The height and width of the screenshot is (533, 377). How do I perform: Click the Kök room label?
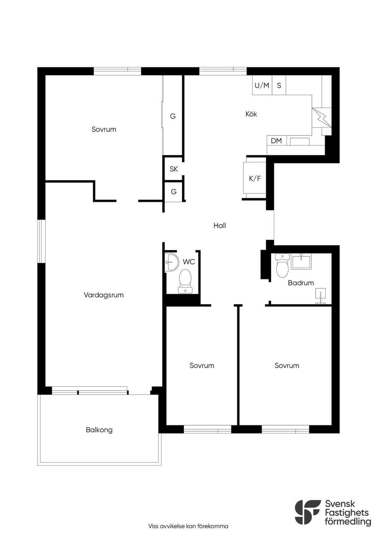251,114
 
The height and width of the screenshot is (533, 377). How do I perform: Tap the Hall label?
220,225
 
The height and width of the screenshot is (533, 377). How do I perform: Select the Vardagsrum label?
104,295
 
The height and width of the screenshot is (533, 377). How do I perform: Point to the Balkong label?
99,430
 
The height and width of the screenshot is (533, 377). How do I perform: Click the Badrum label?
301,283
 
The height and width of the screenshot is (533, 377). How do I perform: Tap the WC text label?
189,262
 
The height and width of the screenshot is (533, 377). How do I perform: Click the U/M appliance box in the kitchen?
262,85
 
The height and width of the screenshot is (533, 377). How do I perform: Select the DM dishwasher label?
276,141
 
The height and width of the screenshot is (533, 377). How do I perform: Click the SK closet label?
174,169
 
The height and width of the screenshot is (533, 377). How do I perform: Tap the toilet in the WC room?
185,281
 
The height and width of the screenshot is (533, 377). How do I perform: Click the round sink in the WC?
172,262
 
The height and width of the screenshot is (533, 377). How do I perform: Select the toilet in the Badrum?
282,265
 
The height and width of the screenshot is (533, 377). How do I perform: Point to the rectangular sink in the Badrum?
301,261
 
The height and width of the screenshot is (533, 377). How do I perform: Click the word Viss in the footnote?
153,526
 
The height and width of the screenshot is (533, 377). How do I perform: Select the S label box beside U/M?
279,85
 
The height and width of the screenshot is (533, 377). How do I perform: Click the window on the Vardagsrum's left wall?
42,241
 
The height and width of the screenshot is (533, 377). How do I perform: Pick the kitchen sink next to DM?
299,141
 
